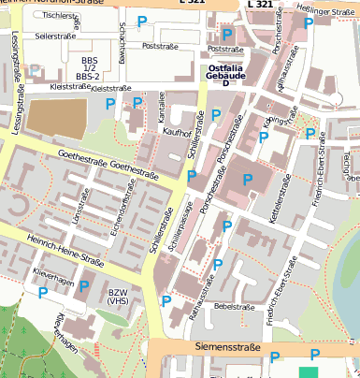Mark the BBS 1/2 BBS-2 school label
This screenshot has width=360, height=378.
click(88, 67)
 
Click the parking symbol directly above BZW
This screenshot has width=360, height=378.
click(85, 286)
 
